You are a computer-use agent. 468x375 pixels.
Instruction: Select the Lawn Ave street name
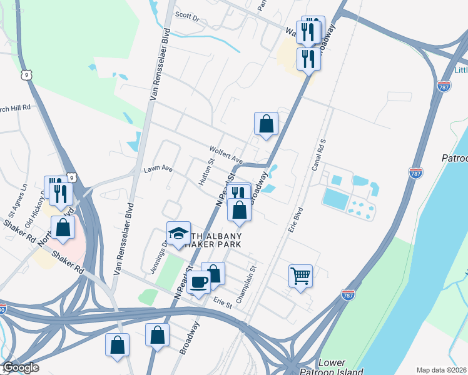(x=157, y=169)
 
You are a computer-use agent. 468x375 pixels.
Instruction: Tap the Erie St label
(x=222, y=304)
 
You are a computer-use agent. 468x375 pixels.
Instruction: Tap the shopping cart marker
(x=300, y=275)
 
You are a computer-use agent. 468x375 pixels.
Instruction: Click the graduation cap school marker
(x=178, y=233)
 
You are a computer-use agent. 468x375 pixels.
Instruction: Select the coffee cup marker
(x=198, y=282)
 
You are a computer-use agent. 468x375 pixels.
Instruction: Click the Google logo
(x=21, y=367)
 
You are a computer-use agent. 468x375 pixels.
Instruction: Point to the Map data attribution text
(x=442, y=370)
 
